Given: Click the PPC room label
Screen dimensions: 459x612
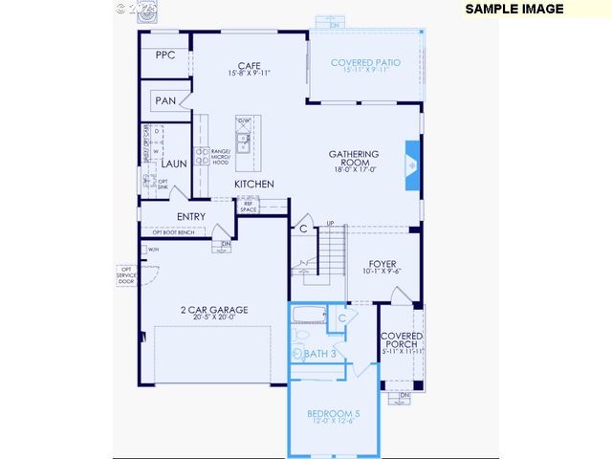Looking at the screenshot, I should coord(164,55).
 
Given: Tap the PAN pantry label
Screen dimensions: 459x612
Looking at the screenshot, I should coord(165,100).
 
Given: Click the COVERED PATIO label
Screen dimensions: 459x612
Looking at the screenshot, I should coord(365,63).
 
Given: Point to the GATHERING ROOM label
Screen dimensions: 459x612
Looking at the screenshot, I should coord(354,159).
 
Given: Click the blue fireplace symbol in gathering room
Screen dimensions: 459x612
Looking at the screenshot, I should coord(411,161).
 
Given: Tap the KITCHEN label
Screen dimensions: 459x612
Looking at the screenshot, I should coord(255,184).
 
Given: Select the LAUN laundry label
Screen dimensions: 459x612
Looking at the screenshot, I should coord(173,164).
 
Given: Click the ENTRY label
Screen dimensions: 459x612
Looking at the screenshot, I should coord(191,216).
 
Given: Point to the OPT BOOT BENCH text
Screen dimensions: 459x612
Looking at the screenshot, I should coord(173,232).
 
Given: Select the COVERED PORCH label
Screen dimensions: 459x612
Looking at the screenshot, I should coord(402,342).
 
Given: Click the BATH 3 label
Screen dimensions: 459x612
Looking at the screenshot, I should coord(320,354).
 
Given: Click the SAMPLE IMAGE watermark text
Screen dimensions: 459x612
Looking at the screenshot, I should coord(514,9).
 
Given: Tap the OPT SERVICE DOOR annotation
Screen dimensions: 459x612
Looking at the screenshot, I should coord(125,275).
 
